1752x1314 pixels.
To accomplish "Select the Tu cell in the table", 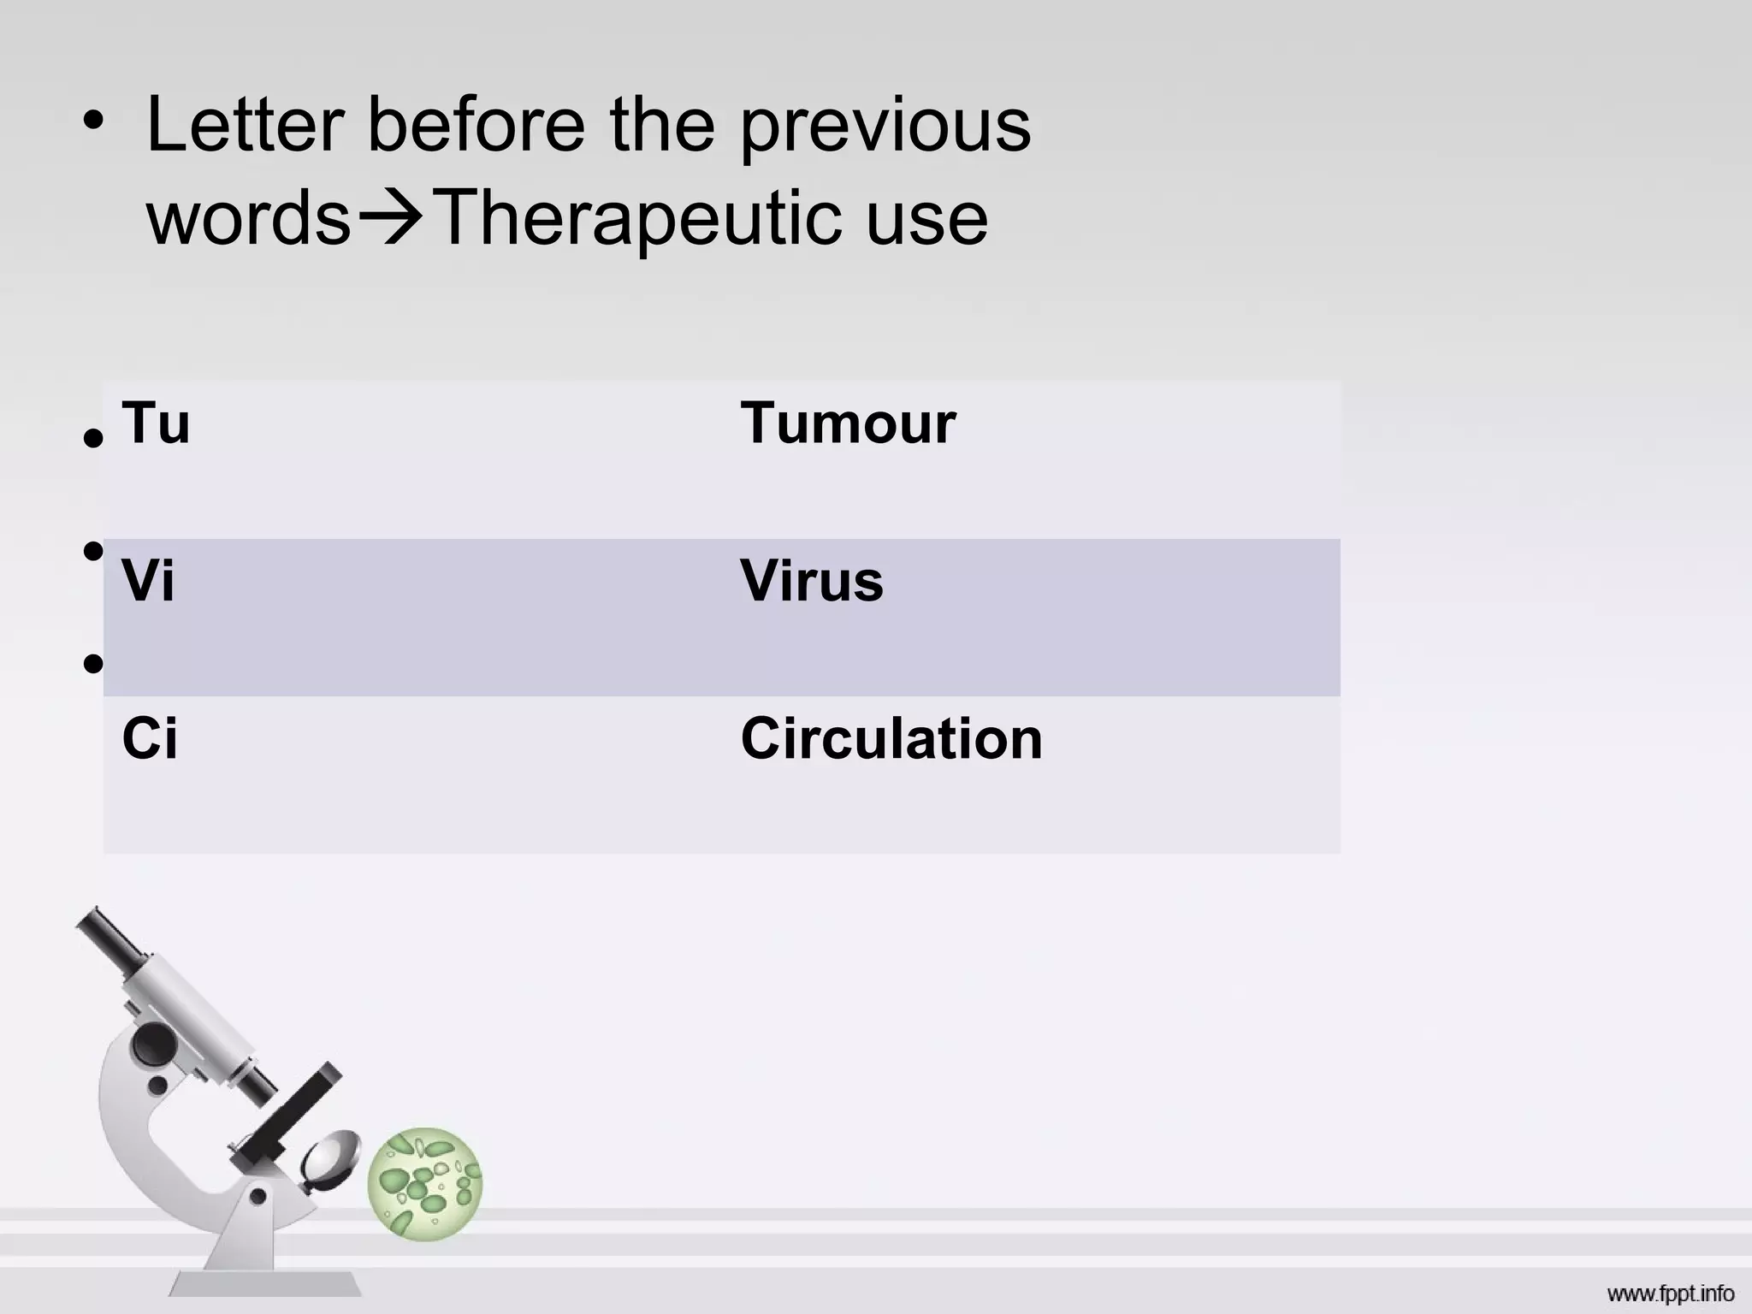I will pyautogui.click(x=156, y=423).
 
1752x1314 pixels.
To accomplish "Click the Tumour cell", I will pyautogui.click(x=847, y=423).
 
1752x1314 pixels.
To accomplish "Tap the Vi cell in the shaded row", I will pyautogui.click(x=148, y=581).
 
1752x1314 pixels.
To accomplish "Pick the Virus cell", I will pyautogui.click(x=811, y=581).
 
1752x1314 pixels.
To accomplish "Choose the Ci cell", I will pyautogui.click(x=150, y=738).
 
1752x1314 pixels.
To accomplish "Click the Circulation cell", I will pyautogui.click(x=891, y=738).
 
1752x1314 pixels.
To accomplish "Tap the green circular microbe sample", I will pyautogui.click(x=425, y=1183).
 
